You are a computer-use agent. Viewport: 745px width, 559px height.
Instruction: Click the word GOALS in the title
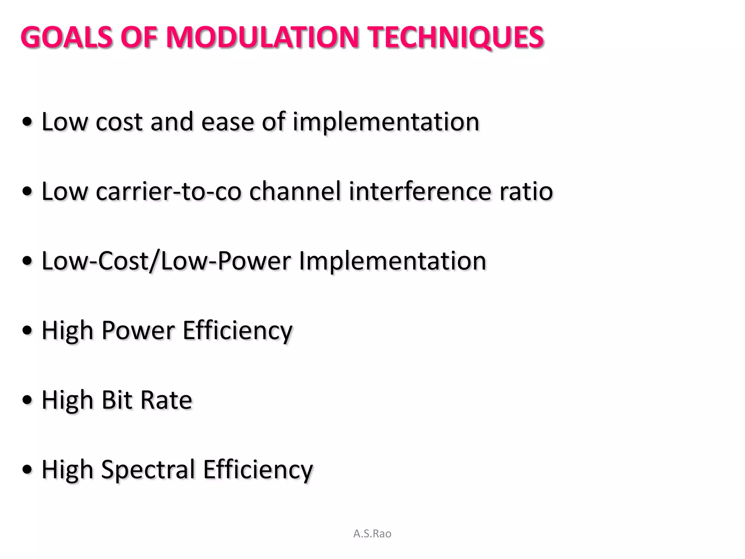(x=67, y=37)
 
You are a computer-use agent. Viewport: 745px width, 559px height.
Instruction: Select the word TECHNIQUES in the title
(x=456, y=37)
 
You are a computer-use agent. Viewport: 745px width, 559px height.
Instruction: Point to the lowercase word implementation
(x=386, y=122)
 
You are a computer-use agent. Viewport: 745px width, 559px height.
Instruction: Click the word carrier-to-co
(x=168, y=191)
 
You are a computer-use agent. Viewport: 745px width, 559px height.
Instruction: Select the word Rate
(x=166, y=400)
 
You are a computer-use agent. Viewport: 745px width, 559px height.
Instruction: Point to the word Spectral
(x=148, y=470)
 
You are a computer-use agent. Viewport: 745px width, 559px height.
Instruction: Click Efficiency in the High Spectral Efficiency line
(x=258, y=470)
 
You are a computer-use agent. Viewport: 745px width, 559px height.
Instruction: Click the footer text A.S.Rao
(x=372, y=534)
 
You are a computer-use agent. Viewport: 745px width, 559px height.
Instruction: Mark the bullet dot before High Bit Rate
(x=27, y=400)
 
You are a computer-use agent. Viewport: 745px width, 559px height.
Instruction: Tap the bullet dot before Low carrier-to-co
(x=27, y=191)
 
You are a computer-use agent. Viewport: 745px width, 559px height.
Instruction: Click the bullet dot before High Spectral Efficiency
(x=27, y=470)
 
